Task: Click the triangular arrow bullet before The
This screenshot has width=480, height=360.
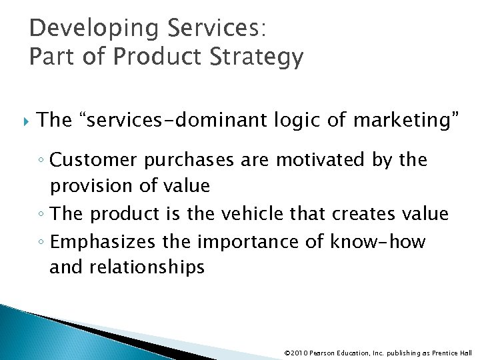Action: pos(27,121)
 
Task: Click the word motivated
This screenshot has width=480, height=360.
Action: pos(319,161)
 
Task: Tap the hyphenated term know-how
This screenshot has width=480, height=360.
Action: pos(377,241)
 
